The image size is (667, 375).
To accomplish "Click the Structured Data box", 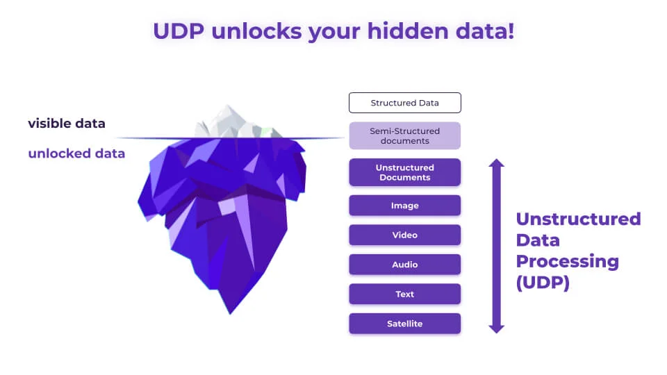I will pyautogui.click(x=404, y=103).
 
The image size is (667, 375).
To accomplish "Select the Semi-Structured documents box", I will pyautogui.click(x=404, y=136).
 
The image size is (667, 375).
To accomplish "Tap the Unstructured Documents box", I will pyautogui.click(x=404, y=172).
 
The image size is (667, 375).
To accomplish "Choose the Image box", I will pyautogui.click(x=404, y=206).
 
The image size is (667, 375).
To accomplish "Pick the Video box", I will pyautogui.click(x=404, y=235).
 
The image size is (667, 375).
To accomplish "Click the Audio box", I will pyautogui.click(x=404, y=265).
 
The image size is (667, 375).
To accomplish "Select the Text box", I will pyautogui.click(x=404, y=294).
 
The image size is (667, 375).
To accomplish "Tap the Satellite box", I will pyautogui.click(x=404, y=324).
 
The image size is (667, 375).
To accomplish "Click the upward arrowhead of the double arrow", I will pyautogui.click(x=496, y=165).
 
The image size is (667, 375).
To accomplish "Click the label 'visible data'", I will pyautogui.click(x=67, y=124).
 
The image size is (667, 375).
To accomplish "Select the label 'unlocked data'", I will pyautogui.click(x=76, y=153).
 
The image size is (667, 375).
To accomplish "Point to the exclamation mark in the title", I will pyautogui.click(x=511, y=31).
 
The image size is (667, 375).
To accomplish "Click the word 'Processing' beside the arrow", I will pyautogui.click(x=567, y=262).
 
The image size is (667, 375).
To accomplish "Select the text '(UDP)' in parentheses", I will pyautogui.click(x=543, y=283).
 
